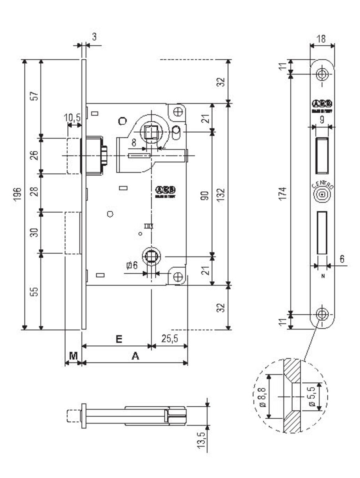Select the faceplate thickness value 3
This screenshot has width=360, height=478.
(x=94, y=37)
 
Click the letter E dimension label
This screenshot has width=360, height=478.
(x=118, y=339)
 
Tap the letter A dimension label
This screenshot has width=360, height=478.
(x=135, y=357)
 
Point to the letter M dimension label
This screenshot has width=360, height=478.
(x=73, y=355)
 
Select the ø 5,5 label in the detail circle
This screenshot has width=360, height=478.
(x=313, y=396)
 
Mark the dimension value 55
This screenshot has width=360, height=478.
(x=35, y=292)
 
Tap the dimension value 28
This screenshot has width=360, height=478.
(x=35, y=192)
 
